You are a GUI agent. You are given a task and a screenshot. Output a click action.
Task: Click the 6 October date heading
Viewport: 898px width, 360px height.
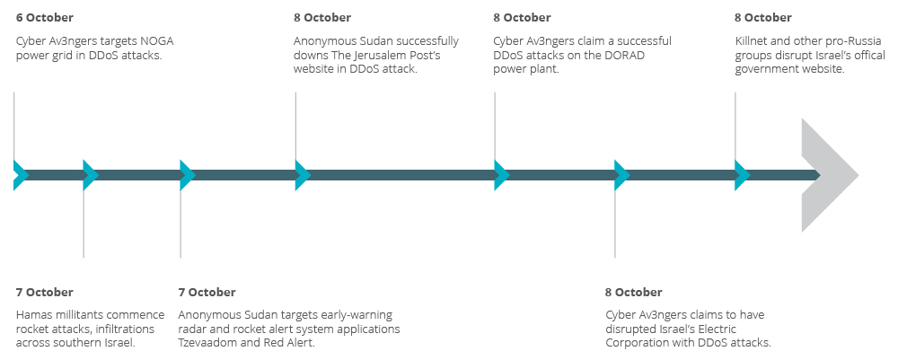(44, 17)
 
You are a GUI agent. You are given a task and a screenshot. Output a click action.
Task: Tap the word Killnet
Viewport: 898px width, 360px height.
(753, 40)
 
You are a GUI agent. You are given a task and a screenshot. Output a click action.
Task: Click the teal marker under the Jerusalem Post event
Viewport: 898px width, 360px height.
(303, 175)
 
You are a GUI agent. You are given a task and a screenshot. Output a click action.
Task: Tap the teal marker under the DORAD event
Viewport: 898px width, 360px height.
(502, 175)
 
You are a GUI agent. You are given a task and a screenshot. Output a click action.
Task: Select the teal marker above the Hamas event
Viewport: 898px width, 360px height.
(90, 175)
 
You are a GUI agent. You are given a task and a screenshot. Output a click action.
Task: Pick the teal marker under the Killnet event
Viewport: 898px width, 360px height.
(742, 175)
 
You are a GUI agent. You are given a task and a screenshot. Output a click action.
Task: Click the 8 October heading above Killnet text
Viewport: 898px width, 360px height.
(763, 17)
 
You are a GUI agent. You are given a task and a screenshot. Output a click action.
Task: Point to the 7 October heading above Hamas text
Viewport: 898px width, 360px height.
(44, 292)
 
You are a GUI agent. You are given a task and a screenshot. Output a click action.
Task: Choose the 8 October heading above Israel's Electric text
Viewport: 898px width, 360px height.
(633, 292)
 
